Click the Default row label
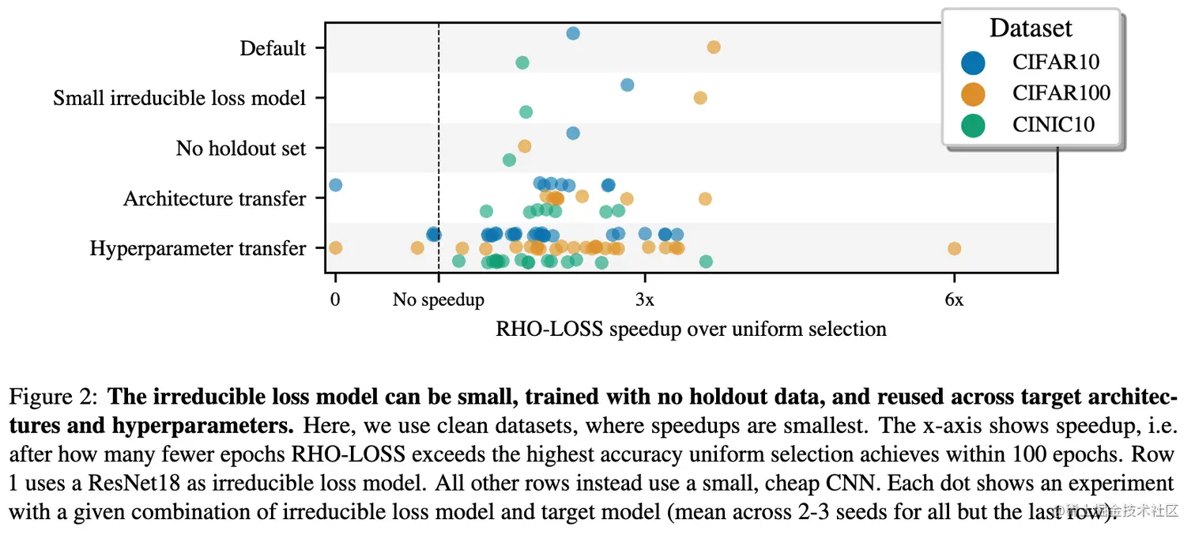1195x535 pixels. [x=273, y=49]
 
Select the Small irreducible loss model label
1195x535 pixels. [x=179, y=99]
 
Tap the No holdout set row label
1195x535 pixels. [x=240, y=149]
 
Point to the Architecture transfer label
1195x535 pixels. [x=214, y=198]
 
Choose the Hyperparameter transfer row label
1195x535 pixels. [x=198, y=249]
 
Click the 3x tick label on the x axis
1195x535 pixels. [x=645, y=301]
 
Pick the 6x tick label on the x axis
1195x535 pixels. [x=954, y=301]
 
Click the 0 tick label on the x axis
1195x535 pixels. [x=335, y=301]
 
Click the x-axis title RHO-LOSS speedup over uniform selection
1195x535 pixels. [x=691, y=329]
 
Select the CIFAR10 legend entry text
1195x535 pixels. [x=1055, y=62]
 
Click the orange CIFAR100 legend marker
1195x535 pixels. [x=974, y=93]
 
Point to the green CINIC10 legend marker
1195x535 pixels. [x=974, y=125]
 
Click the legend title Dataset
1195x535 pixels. [x=1031, y=28]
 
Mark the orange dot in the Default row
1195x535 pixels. [x=714, y=47]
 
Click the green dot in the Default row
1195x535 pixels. [x=522, y=62]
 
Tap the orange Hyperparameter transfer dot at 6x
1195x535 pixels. [x=954, y=248]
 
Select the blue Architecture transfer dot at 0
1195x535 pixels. [x=335, y=185]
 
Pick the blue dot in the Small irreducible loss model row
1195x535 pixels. [x=628, y=85]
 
